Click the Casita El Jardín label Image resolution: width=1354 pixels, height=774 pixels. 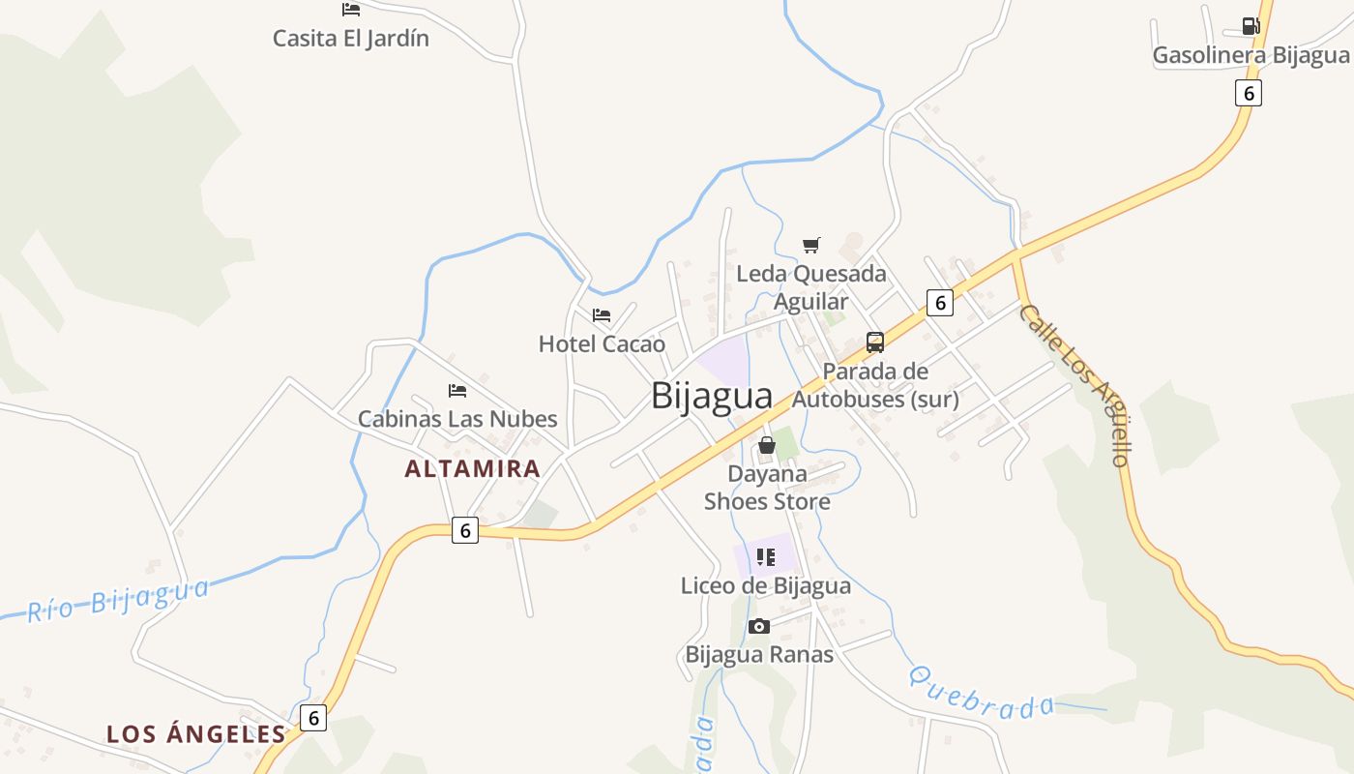pyautogui.click(x=350, y=39)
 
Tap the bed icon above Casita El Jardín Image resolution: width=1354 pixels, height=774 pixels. pyautogui.click(x=351, y=10)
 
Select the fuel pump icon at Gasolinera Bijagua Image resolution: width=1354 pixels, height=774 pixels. pyautogui.click(x=1251, y=26)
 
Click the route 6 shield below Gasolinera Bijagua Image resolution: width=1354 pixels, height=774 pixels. pyautogui.click(x=1249, y=93)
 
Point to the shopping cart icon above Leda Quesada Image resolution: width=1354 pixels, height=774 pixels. pyautogui.click(x=811, y=245)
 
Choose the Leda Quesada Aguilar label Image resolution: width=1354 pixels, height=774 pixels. pyautogui.click(x=811, y=287)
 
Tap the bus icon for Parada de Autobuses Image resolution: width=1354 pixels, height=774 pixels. pyautogui.click(x=875, y=342)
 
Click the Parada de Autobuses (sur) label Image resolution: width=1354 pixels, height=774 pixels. pyautogui.click(x=875, y=385)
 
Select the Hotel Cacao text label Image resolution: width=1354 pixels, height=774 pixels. pyautogui.click(x=602, y=343)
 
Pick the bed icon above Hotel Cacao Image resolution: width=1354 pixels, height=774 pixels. pyautogui.click(x=602, y=314)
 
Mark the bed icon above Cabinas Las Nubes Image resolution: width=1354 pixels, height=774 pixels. pyautogui.click(x=457, y=390)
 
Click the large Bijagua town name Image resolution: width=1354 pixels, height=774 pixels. pyautogui.click(x=712, y=396)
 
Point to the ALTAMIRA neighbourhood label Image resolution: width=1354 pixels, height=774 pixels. pyautogui.click(x=472, y=469)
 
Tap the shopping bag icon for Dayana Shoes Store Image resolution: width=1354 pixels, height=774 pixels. pyautogui.click(x=767, y=445)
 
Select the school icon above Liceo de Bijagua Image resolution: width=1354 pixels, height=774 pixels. pyautogui.click(x=766, y=556)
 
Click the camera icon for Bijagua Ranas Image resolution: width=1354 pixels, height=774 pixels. pyautogui.click(x=759, y=626)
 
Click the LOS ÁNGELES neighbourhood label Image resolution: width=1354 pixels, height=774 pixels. pyautogui.click(x=196, y=734)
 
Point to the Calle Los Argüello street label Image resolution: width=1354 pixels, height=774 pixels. pyautogui.click(x=1075, y=385)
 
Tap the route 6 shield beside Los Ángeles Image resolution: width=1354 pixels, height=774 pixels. pyautogui.click(x=312, y=718)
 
